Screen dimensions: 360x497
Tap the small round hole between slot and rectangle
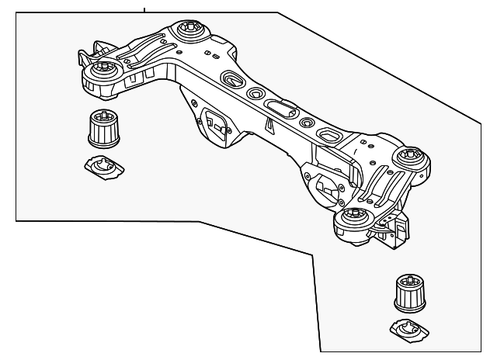coord(307,123)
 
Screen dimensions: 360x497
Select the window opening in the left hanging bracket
coord(211,122)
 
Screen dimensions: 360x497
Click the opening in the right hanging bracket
coord(325,187)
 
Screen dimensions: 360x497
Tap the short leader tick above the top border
coord(144,8)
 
